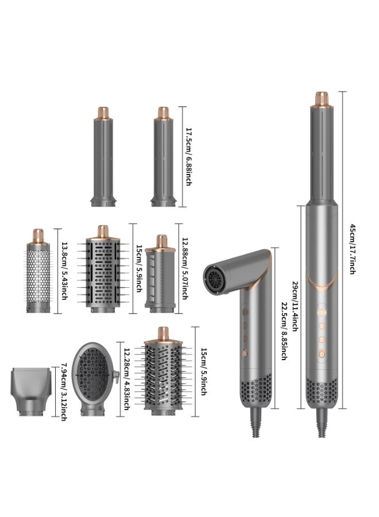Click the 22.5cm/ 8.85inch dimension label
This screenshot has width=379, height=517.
[x=283, y=331]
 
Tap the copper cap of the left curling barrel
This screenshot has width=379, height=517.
[x=103, y=111]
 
